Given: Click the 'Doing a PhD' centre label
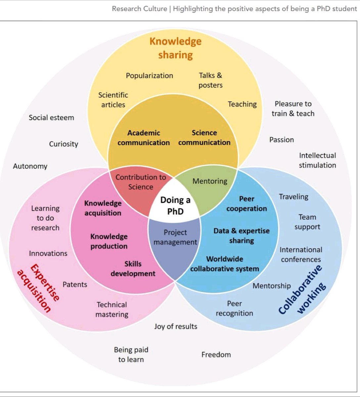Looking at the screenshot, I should click(175, 205).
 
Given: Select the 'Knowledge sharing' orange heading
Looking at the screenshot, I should click(175, 48).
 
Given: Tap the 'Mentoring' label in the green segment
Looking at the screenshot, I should click(210, 181).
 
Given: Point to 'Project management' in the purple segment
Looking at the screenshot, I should click(175, 237).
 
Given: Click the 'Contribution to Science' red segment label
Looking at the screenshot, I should click(141, 182).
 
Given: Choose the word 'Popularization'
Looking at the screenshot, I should click(149, 75).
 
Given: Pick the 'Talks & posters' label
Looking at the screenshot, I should click(210, 80).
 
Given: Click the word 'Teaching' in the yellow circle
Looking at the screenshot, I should click(242, 104).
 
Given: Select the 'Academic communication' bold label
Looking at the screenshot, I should click(144, 138).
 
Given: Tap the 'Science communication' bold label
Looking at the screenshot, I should click(204, 138).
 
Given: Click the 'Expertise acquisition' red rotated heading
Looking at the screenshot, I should click(38, 288).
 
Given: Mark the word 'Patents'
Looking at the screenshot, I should click(75, 285).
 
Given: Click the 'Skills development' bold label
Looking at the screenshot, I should click(133, 269).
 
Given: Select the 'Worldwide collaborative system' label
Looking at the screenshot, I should click(224, 264).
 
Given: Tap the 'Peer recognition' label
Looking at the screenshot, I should click(234, 308).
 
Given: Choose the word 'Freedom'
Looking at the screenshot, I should click(216, 355).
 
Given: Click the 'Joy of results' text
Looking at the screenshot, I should click(175, 327).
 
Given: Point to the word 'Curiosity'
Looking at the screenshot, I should click(64, 144).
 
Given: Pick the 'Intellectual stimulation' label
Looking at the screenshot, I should click(317, 160).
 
